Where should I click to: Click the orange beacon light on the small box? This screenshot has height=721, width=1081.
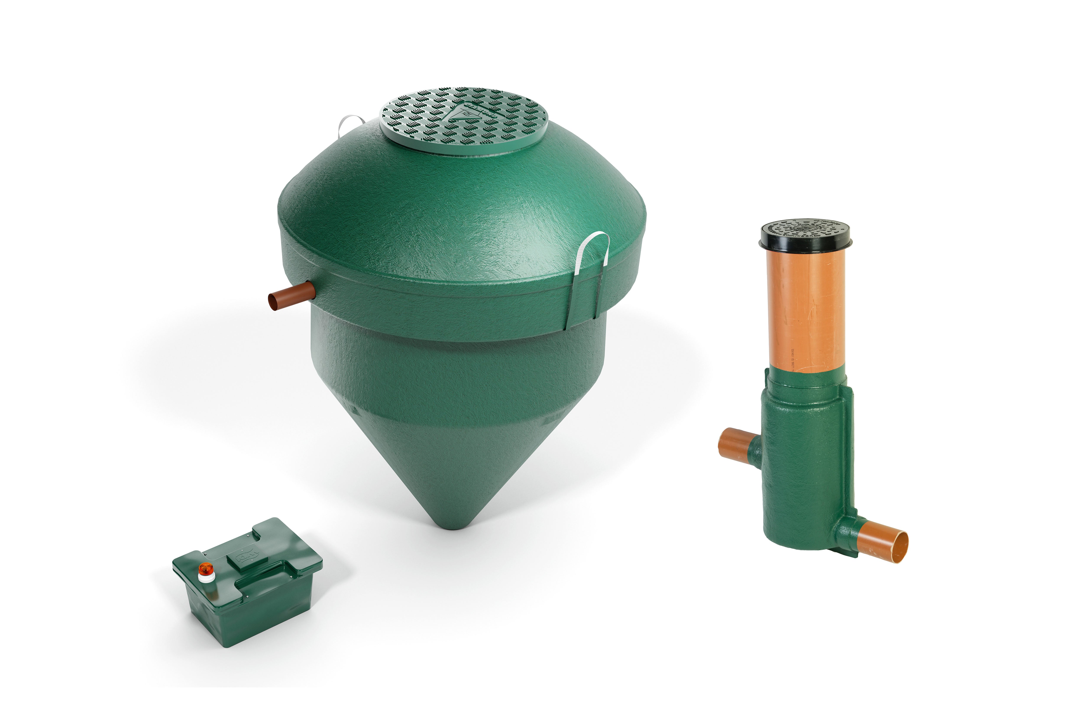coord(206,568)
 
